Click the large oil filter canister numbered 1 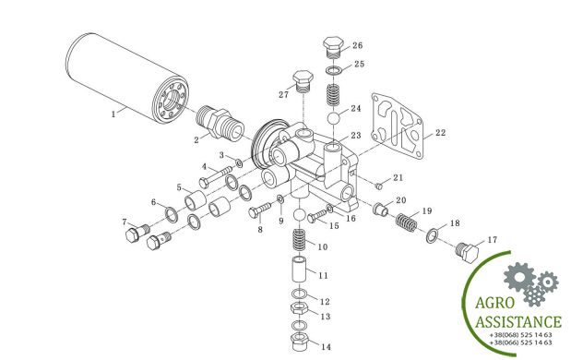click(127, 78)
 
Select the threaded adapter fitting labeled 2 click(220, 123)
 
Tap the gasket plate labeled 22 click(398, 126)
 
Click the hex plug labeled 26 click(333, 47)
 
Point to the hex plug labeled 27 click(303, 81)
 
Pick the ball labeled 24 click(334, 119)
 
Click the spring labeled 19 click(407, 222)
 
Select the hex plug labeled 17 click(467, 252)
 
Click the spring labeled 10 click(301, 239)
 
